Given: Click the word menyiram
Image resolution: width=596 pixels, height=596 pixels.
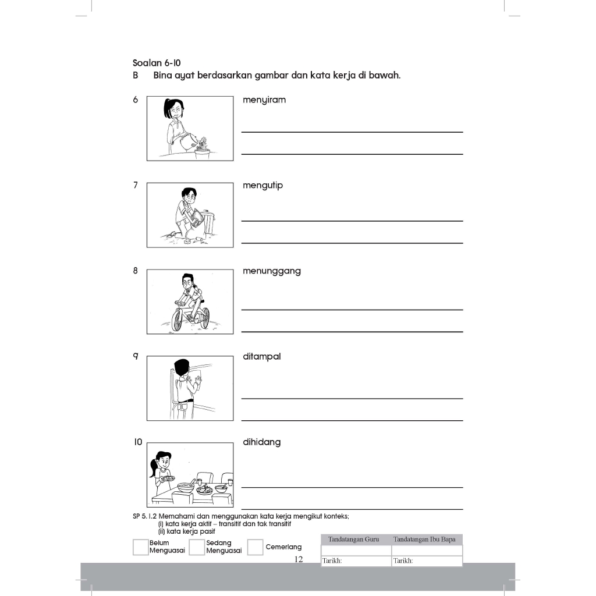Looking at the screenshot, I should point(264,100).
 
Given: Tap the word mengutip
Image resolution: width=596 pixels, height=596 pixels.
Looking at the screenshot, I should point(262,186).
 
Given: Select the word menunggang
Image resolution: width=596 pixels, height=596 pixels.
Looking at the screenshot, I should point(271,271).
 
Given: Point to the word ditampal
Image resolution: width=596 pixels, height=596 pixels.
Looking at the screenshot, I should point(261,357).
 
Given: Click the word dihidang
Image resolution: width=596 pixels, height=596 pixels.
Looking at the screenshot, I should point(261,442).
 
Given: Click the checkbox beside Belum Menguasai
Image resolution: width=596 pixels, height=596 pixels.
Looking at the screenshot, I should point(140,547).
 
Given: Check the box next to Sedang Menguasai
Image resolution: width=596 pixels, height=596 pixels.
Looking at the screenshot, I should point(197,547).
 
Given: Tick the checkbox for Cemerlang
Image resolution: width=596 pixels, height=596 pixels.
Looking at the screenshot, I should point(255,547).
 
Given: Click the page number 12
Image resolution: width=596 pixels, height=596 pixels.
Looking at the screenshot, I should point(299,559).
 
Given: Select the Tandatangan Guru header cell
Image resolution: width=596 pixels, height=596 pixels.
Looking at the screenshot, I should point(356,540).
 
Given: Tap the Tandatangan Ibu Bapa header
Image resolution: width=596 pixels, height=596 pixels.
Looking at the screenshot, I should point(427,540).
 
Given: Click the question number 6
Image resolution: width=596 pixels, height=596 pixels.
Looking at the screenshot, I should point(136,100).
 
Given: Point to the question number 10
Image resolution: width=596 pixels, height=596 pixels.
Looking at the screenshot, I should point(137,442).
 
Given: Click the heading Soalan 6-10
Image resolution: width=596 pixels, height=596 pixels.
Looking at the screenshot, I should point(156,63).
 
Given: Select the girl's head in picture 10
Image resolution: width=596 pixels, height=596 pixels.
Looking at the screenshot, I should point(162,461).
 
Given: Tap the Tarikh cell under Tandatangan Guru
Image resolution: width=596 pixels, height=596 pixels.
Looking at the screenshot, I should point(356,561).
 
